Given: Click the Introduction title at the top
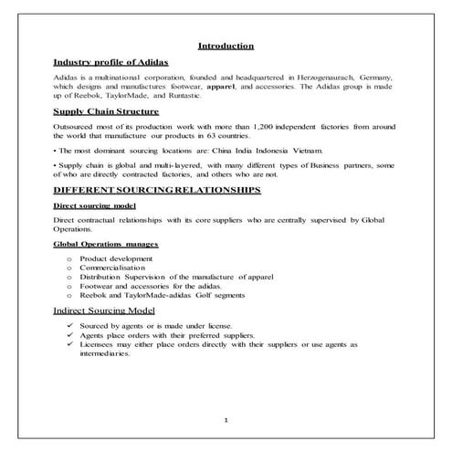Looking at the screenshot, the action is click(x=226, y=46).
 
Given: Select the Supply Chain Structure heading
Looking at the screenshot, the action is click(x=106, y=115).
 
